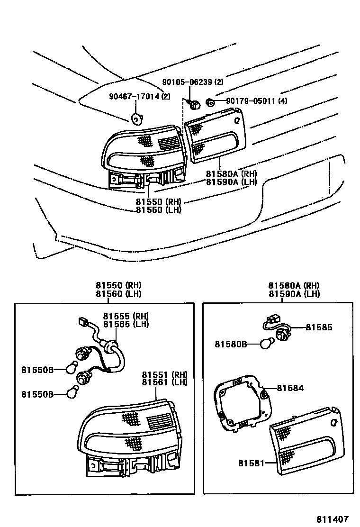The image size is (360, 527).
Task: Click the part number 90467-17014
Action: tap(135, 97)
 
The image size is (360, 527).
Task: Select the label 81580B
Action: tap(231, 344)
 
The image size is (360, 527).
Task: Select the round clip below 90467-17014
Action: tap(136, 118)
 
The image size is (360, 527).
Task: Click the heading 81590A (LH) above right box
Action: tap(294, 294)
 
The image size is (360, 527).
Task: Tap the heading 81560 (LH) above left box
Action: tap(118, 294)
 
